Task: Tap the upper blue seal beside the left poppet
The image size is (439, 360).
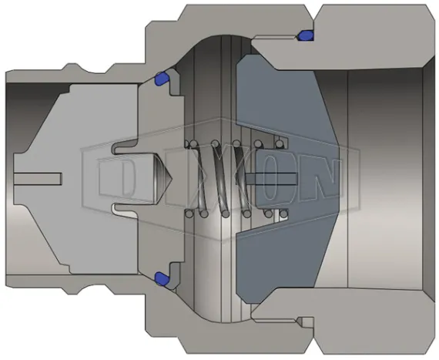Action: (x=162, y=78)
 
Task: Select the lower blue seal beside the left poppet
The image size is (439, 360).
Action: (x=162, y=276)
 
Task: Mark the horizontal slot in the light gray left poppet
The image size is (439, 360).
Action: (x=39, y=179)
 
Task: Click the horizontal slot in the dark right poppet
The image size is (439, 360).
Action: (x=270, y=179)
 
